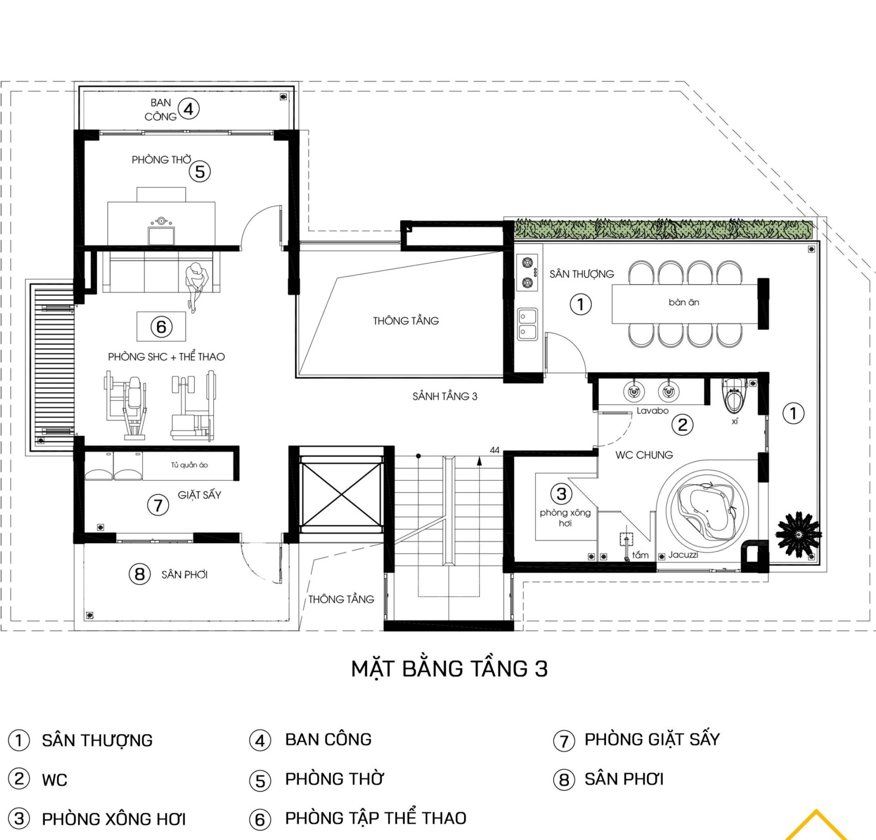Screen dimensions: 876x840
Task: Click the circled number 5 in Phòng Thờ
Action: pos(200,172)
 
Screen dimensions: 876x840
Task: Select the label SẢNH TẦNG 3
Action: pos(445,397)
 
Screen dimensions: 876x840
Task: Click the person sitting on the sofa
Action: pos(196,285)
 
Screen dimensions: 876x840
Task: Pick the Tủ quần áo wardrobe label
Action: pos(189,465)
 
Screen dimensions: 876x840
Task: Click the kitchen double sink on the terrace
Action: pos(527,324)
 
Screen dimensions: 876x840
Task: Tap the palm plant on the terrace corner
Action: pos(798,534)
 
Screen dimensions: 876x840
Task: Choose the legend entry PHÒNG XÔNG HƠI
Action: pos(114,819)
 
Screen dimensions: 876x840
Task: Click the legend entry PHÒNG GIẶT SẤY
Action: pos(652,739)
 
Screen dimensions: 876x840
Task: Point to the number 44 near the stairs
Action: pos(495,450)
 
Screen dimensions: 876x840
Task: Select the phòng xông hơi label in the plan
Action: pos(565,517)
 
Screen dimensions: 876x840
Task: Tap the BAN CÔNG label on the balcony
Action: pos(161,110)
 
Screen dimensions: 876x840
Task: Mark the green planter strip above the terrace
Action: pos(663,229)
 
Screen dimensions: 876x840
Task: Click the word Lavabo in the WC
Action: pos(652,411)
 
